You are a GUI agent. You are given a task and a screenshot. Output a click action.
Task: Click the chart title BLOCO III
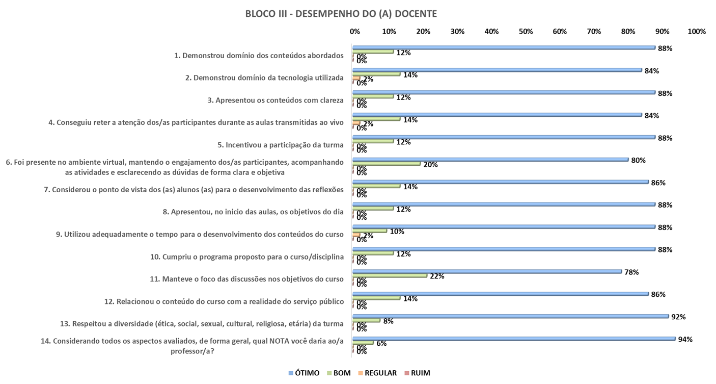[341, 14]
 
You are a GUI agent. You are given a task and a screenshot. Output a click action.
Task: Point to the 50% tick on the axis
[526, 32]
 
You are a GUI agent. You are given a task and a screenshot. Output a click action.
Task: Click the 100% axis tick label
[696, 32]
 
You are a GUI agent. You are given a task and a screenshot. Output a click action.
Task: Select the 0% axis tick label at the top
[355, 32]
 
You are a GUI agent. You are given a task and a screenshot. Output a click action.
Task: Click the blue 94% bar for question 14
[514, 339]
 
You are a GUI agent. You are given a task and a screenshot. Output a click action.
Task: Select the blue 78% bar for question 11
[487, 271]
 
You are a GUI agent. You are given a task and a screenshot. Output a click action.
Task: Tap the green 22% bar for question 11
[390, 275]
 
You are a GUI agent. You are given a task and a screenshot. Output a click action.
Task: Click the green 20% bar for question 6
[387, 164]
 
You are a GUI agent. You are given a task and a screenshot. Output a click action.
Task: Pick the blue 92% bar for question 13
[511, 316]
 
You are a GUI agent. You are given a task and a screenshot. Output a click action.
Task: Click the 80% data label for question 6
[638, 160]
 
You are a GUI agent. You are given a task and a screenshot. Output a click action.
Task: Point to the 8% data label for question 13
[388, 321]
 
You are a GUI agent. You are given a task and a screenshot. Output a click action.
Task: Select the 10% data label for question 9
[397, 231]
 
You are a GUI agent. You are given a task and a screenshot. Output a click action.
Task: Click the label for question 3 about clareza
[279, 100]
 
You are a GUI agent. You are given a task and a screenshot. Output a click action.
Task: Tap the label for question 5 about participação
[280, 145]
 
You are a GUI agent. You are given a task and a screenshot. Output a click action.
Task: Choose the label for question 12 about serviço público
[224, 302]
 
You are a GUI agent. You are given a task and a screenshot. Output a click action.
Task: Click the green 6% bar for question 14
[364, 343]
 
